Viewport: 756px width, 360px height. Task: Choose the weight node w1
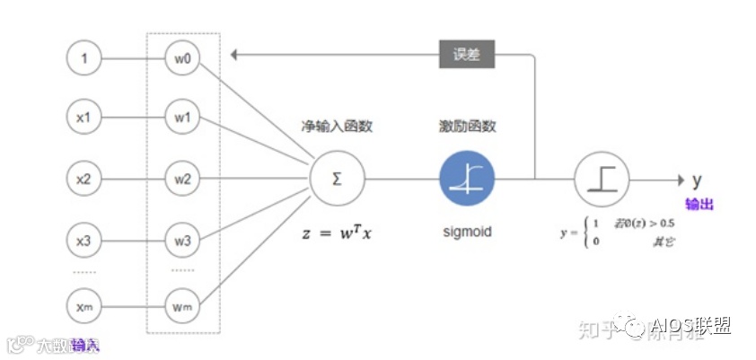(182, 117)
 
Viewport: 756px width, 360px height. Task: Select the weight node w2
(182, 179)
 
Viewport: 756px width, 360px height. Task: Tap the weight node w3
(182, 240)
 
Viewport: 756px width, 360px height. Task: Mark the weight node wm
(182, 306)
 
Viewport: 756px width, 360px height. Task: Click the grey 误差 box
(466, 55)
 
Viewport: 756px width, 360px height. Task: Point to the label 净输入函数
(337, 127)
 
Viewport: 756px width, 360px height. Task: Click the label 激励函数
(467, 127)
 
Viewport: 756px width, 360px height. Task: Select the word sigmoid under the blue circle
(467, 233)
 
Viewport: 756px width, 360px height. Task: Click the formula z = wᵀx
(337, 233)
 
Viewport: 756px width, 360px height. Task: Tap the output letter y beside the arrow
(697, 179)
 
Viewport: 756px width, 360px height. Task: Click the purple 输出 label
(699, 204)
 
